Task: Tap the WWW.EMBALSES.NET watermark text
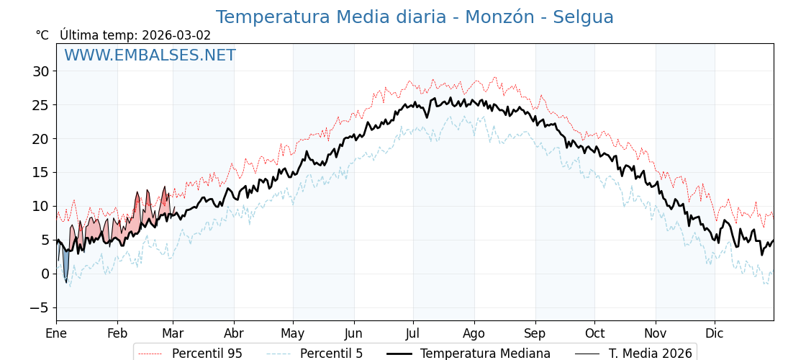click(150, 55)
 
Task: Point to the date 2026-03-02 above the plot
click(176, 35)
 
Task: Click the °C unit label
click(42, 35)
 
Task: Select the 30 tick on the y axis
click(40, 71)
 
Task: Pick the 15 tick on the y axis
click(40, 172)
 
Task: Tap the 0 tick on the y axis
click(45, 274)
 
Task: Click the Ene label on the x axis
click(56, 333)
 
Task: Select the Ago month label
click(474, 333)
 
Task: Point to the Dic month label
click(715, 333)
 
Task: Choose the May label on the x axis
click(293, 333)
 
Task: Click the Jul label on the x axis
click(413, 333)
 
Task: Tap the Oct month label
click(594, 333)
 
